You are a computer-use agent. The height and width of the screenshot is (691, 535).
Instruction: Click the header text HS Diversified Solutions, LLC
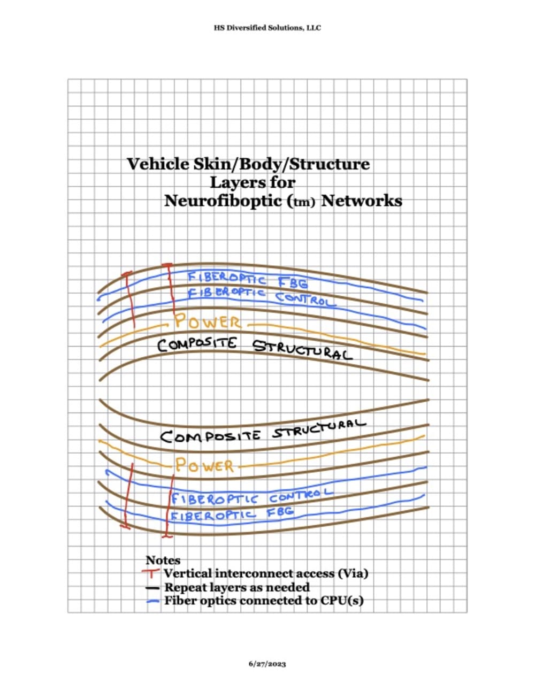pos(267,28)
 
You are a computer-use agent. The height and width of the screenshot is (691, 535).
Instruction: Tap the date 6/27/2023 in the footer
pos(267,664)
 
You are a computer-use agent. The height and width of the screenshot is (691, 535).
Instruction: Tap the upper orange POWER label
pos(208,323)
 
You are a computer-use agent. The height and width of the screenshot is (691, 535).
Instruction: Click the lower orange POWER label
pos(205,465)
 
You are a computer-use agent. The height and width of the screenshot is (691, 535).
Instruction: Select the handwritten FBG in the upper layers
pos(293,281)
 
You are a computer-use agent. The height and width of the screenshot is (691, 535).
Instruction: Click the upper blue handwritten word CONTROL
pos(306,299)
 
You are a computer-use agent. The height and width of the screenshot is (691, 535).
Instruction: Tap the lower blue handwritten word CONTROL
pos(301,496)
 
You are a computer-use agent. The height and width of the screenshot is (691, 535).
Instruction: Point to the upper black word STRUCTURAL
pos(302,349)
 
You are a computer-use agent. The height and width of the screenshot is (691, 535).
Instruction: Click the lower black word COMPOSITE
pos(210,436)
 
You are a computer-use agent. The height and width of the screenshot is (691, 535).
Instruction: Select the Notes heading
pos(163,561)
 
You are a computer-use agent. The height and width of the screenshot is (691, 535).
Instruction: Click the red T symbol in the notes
pos(153,573)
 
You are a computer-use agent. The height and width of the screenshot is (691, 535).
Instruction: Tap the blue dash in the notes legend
pos(154,601)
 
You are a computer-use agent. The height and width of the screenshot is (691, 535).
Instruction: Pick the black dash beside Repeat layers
pos(154,588)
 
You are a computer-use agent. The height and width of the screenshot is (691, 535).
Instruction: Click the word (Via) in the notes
pos(353,573)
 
